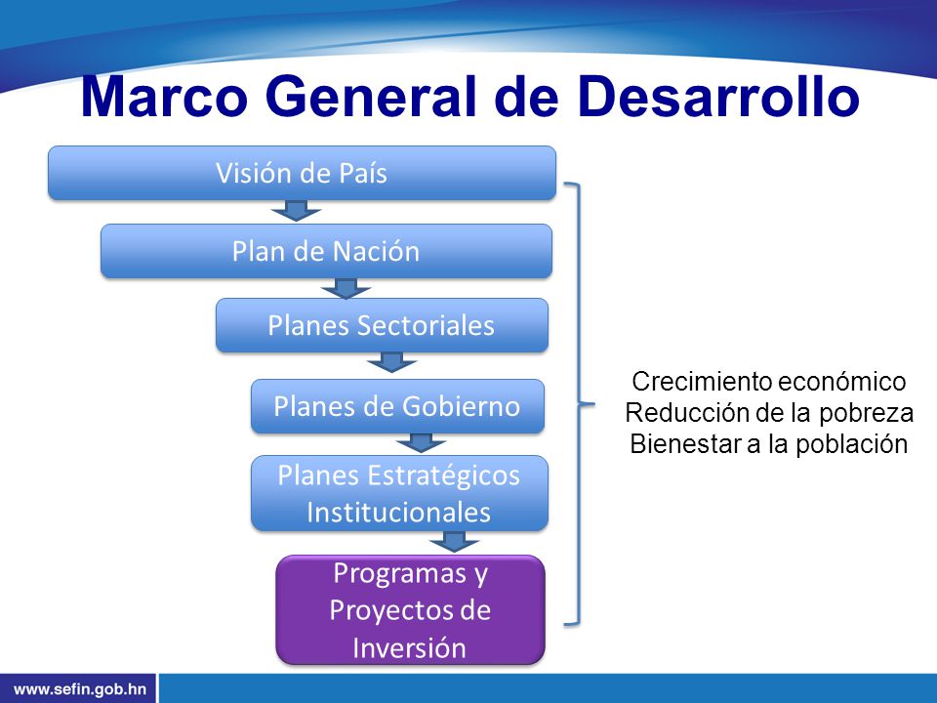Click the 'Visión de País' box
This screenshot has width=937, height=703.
[x=302, y=173]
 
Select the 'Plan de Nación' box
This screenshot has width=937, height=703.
[x=326, y=251]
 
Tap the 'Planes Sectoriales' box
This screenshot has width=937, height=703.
[x=382, y=325]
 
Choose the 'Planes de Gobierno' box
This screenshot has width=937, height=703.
[x=397, y=406]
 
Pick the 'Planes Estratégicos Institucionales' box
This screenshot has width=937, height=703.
[x=399, y=493]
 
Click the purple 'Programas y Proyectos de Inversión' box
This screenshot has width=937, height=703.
[x=411, y=609]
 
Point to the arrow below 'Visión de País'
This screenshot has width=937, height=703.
[x=296, y=211]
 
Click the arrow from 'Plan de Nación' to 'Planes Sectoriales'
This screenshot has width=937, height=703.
[x=346, y=288]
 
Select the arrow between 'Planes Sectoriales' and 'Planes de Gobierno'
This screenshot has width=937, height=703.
[x=391, y=362]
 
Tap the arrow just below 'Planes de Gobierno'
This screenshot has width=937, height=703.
[x=421, y=443]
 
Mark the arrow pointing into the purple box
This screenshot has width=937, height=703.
[x=454, y=542]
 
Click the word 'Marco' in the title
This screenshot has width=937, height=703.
[x=164, y=97]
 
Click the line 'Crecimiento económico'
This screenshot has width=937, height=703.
[x=769, y=382]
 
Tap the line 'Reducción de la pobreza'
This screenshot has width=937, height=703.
[x=769, y=412]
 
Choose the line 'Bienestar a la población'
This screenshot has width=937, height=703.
[x=769, y=443]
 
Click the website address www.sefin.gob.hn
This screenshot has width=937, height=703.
[x=79, y=689]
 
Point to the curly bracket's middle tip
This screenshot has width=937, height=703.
[x=594, y=404]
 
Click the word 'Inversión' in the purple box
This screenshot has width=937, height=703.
[x=409, y=647]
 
